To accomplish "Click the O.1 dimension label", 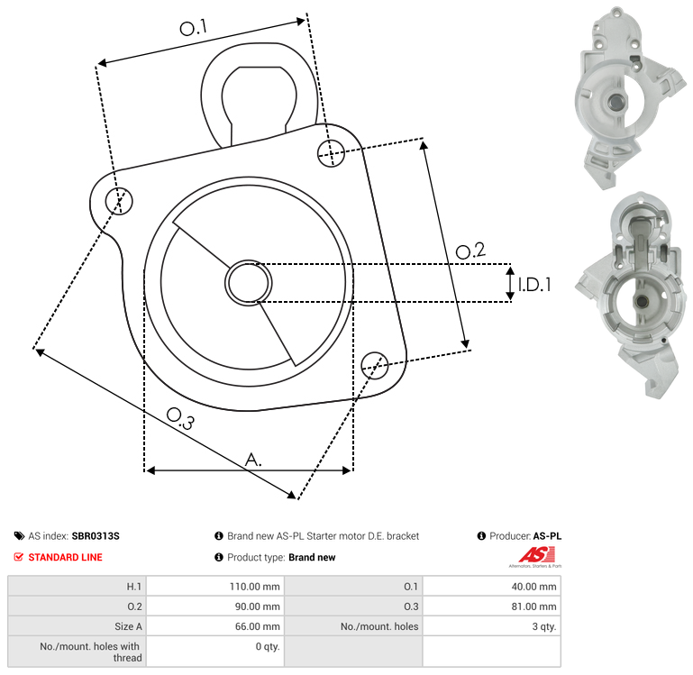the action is [193, 28].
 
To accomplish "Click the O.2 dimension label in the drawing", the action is [470, 251].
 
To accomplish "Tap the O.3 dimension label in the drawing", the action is [180, 418].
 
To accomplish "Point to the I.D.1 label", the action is [534, 285].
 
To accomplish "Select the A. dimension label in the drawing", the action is [253, 460].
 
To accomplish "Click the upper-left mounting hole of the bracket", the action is [119, 201].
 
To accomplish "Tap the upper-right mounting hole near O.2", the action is [331, 153].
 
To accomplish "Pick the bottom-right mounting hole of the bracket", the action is [375, 365].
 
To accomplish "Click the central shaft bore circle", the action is [249, 283].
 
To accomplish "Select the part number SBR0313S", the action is [96, 535].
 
